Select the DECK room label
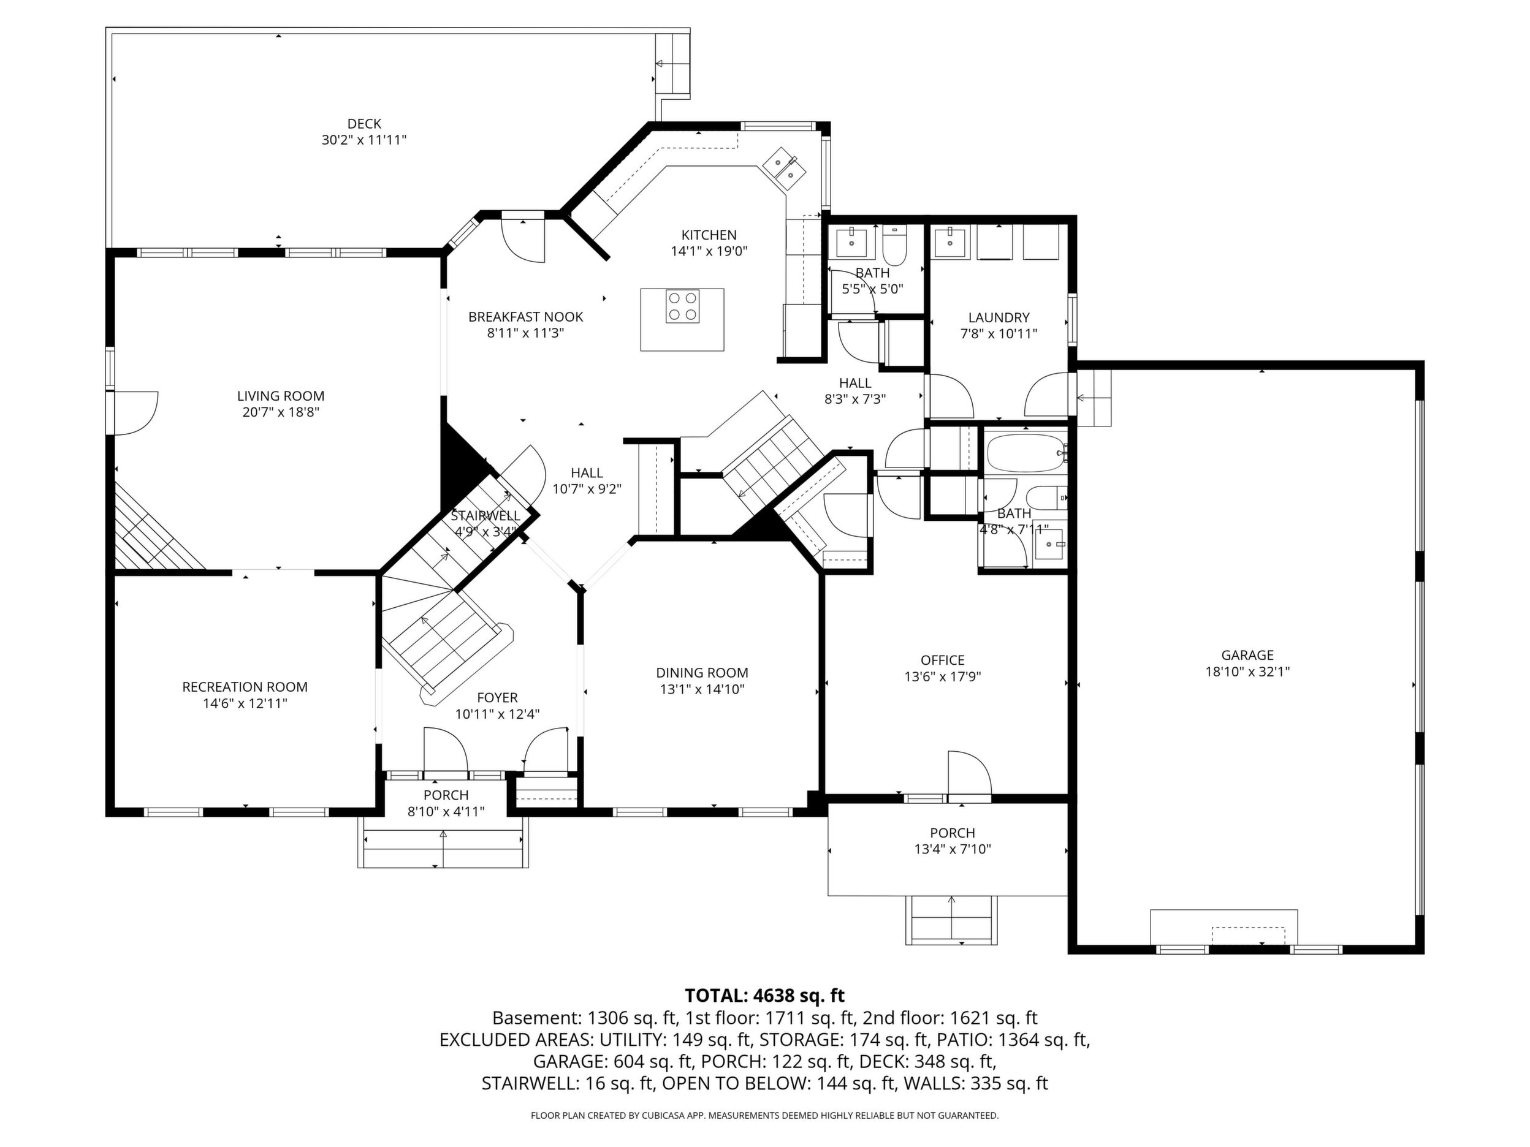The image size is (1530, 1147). pyautogui.click(x=365, y=124)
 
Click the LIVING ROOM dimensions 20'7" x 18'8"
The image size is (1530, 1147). pyautogui.click(x=281, y=413)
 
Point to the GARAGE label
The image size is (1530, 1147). pyautogui.click(x=1247, y=655)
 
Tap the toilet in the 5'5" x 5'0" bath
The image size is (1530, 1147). pyautogui.click(x=894, y=247)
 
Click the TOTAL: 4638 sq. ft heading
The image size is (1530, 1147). pyautogui.click(x=764, y=996)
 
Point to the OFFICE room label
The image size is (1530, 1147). pyautogui.click(x=943, y=661)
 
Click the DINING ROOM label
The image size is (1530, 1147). pyautogui.click(x=702, y=673)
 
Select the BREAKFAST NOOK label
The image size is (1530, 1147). pyautogui.click(x=526, y=317)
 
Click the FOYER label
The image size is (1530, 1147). pyautogui.click(x=497, y=698)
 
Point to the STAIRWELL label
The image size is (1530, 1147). pyautogui.click(x=485, y=516)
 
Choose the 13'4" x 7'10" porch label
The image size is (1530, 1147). pyautogui.click(x=953, y=849)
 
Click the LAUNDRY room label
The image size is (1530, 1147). pyautogui.click(x=999, y=317)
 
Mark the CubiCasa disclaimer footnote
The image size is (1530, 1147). pyautogui.click(x=764, y=1115)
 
